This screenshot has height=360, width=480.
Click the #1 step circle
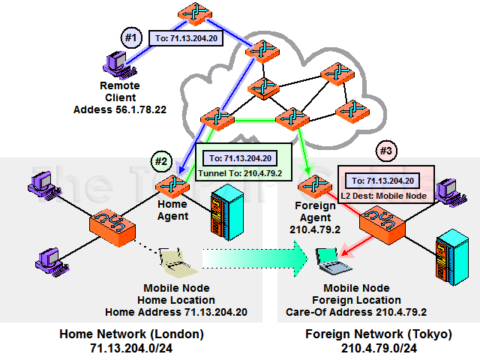tap(131, 37)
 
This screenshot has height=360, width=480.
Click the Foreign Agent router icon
tap(309, 185)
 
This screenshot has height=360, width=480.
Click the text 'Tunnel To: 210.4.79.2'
tap(240, 173)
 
